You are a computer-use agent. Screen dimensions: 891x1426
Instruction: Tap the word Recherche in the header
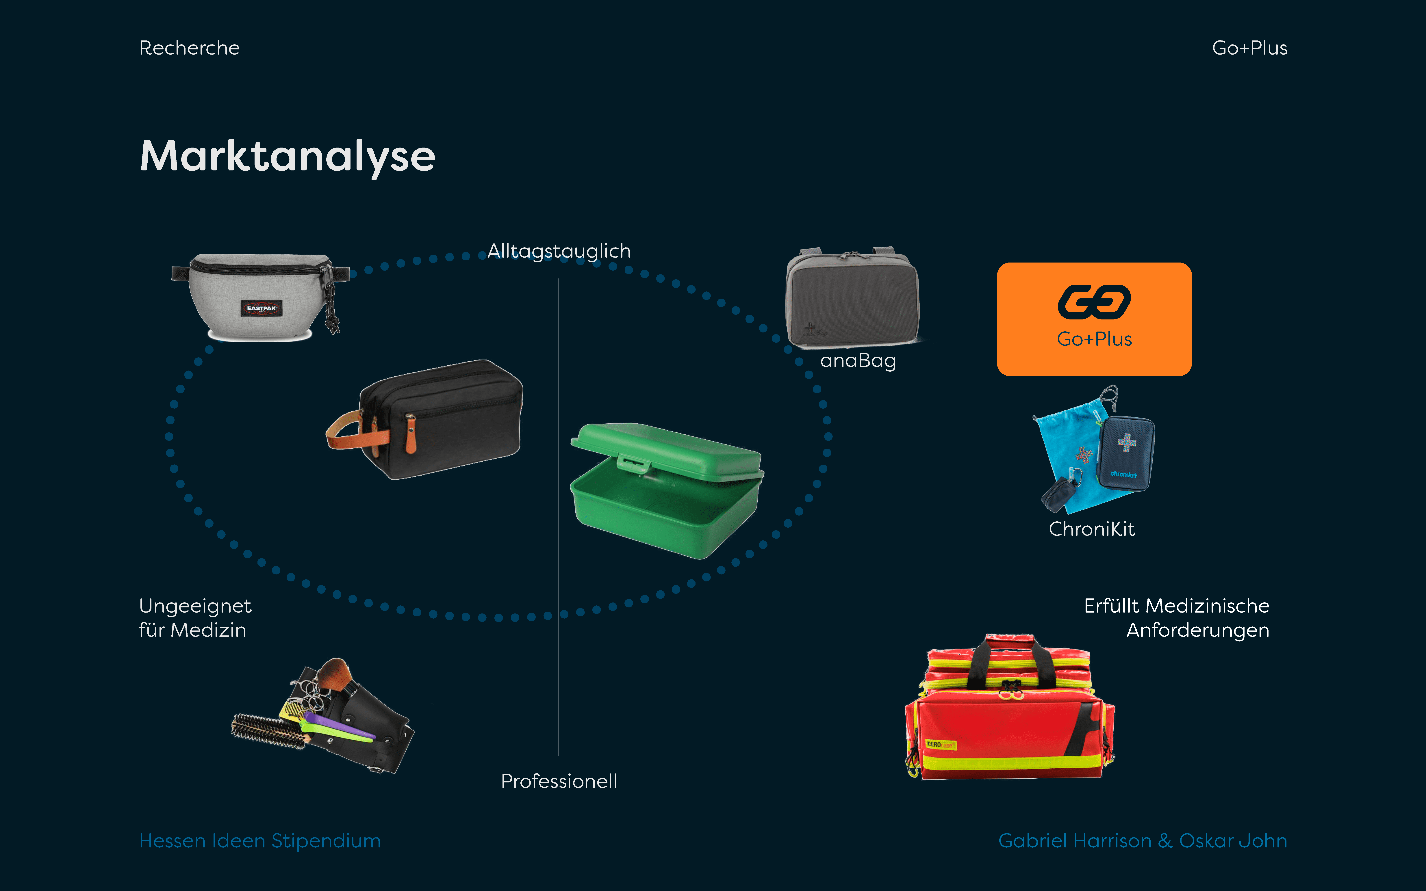click(x=189, y=48)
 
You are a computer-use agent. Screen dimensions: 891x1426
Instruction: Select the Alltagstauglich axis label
click(x=559, y=251)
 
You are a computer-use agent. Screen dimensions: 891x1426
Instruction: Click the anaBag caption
click(x=858, y=360)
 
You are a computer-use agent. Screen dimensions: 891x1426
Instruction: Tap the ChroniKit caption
click(x=1092, y=529)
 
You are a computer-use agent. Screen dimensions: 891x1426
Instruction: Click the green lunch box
click(x=666, y=489)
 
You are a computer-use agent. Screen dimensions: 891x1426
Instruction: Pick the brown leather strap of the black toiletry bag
click(x=354, y=433)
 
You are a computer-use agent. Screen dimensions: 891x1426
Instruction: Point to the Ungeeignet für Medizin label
click(x=195, y=617)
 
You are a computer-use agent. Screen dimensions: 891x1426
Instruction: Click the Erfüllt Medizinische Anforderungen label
click(x=1177, y=617)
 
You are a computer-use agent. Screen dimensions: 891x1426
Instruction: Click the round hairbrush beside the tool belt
click(x=268, y=731)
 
